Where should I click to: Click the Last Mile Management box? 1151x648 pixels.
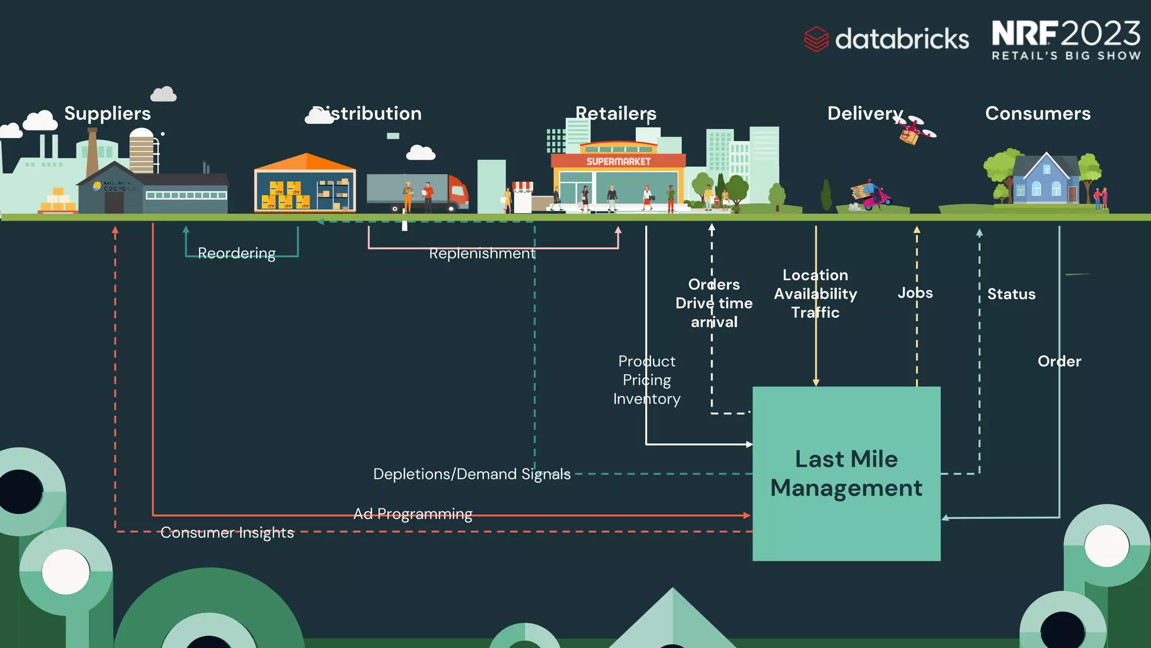[x=846, y=473]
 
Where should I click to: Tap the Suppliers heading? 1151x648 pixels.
[x=107, y=114]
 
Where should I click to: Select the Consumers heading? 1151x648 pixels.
[x=1037, y=114]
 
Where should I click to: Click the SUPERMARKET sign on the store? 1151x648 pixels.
[x=618, y=161]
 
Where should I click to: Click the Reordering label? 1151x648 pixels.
[x=237, y=253]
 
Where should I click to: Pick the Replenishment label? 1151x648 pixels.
[x=482, y=254]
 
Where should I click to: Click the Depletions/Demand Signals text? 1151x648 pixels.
[x=472, y=474]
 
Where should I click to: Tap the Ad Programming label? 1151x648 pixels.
[x=413, y=514]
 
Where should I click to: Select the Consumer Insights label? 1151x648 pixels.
[x=227, y=533]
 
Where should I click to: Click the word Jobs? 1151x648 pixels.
[x=915, y=293]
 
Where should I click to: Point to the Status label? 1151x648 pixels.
[x=1011, y=294]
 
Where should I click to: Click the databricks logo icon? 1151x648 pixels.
[x=816, y=39]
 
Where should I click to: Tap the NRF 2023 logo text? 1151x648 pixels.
[x=1066, y=34]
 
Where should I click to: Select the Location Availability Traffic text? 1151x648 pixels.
[x=815, y=294]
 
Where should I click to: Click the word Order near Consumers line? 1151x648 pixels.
[x=1059, y=361]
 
